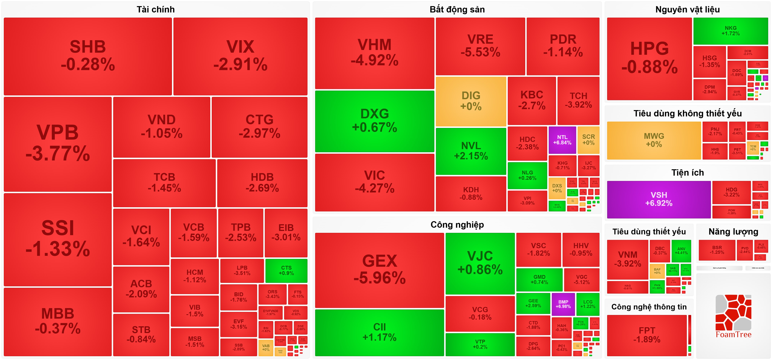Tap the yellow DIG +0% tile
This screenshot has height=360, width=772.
coord(471,101)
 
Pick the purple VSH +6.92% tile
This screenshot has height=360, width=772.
coord(659,199)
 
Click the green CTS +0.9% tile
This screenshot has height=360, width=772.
coord(286,270)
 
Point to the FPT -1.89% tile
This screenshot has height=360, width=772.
coord(647,335)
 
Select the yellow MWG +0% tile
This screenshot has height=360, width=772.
coord(654,140)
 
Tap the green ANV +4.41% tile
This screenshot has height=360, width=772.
coord(681,251)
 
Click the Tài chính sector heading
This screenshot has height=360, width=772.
coord(155,10)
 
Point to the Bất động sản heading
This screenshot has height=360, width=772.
coord(457,10)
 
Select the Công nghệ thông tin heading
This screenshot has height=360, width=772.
coord(649,307)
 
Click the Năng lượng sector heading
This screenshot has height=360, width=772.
coord(733,232)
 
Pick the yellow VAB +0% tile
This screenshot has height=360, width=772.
coord(266,347)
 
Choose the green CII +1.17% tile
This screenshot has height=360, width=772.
coord(379,332)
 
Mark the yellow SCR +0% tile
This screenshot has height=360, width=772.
coord(588,140)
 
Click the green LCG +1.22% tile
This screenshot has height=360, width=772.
coord(588,304)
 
